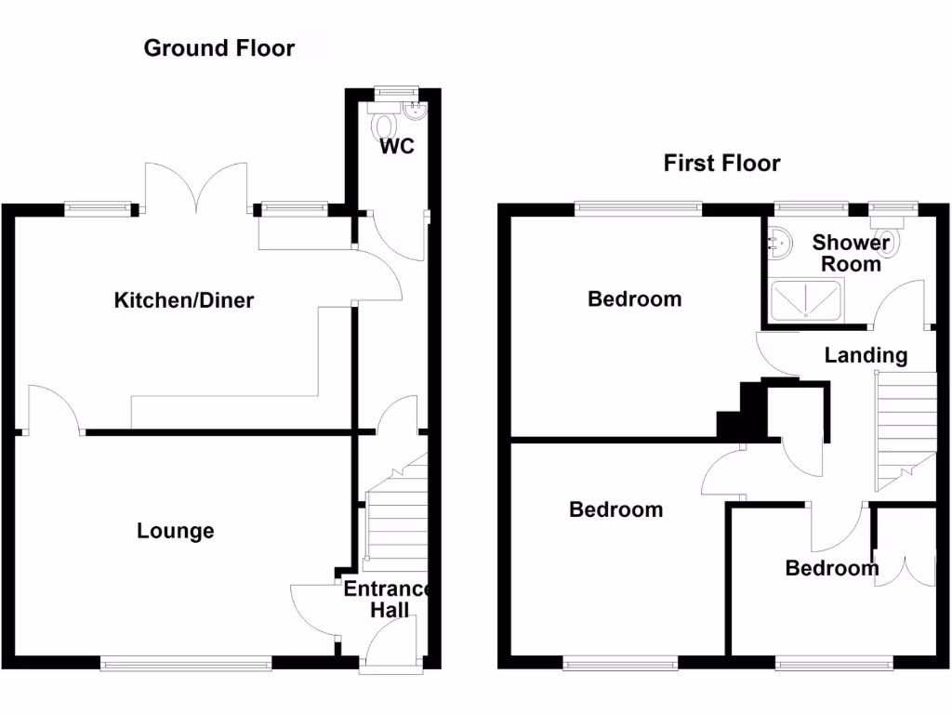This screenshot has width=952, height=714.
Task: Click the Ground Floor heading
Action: [x=219, y=48]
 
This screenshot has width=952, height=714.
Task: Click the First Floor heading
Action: [x=721, y=163]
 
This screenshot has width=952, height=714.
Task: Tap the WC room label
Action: [x=397, y=146]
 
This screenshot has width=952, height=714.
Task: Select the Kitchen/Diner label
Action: [x=184, y=300]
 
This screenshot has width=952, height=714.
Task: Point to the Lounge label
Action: [x=176, y=531]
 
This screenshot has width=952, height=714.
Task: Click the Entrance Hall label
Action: [x=389, y=600]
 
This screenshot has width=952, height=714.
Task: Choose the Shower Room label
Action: [x=851, y=253]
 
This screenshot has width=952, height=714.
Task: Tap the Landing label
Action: [x=866, y=356]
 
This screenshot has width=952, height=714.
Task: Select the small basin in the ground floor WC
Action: [x=416, y=110]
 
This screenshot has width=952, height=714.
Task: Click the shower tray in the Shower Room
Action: [x=806, y=300]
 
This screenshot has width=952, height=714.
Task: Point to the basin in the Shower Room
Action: [x=780, y=243]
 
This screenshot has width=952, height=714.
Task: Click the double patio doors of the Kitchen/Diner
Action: [x=196, y=188]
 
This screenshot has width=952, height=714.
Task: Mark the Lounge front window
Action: [x=186, y=664]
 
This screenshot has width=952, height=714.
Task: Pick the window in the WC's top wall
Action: [x=396, y=92]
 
